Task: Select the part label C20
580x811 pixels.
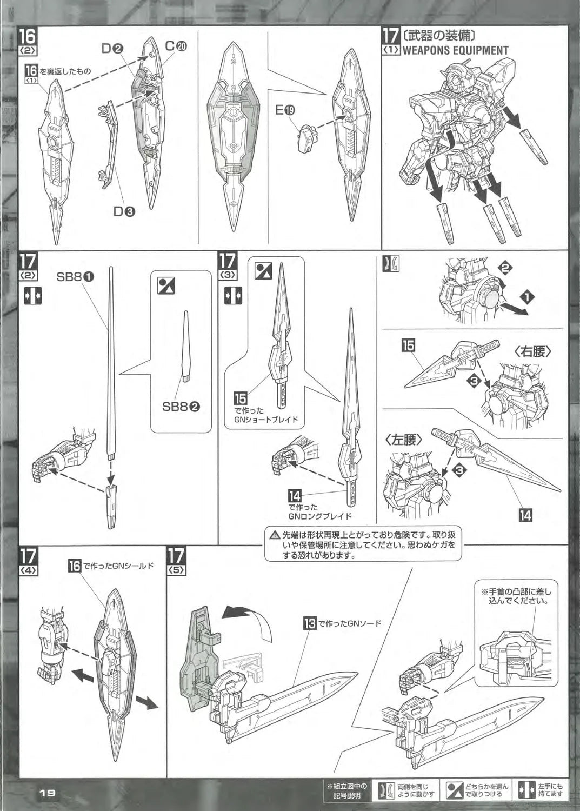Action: [x=176, y=46]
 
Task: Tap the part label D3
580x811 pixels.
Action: [x=124, y=211]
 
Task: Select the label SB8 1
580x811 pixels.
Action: [x=75, y=277]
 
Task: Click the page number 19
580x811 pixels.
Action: [x=47, y=792]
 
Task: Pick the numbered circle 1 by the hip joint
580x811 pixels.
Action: [x=527, y=296]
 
